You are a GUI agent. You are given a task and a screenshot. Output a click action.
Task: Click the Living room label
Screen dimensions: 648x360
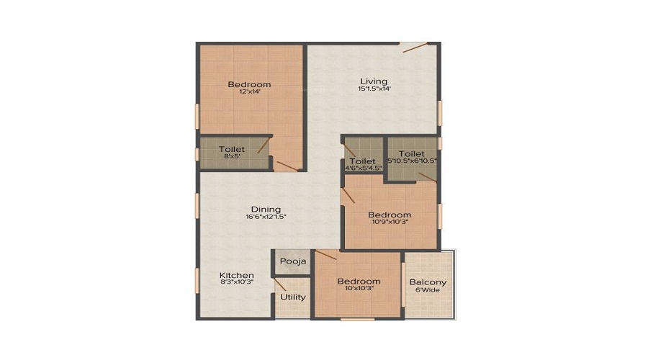(374, 81)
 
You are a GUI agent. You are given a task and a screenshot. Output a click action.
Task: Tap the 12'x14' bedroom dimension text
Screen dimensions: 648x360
(250, 91)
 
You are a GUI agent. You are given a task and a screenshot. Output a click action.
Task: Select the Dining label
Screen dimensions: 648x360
(266, 209)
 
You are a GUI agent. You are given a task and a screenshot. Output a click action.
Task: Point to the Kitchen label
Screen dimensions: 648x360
(236, 275)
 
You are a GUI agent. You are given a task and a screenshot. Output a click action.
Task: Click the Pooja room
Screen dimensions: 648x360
(293, 261)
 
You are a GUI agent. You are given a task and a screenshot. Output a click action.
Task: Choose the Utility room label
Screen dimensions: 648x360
(293, 297)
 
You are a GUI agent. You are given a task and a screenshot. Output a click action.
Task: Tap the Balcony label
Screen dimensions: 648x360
(428, 283)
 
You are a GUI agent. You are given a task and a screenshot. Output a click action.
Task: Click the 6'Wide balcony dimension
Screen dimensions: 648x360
(428, 290)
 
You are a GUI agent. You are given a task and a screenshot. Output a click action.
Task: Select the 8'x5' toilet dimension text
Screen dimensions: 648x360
(232, 156)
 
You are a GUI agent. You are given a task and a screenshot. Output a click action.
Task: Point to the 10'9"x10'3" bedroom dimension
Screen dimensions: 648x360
(390, 222)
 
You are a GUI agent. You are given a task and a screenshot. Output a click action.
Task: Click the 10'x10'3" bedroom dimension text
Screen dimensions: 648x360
(359, 289)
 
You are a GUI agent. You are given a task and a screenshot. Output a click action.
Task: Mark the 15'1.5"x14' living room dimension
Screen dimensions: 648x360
(374, 89)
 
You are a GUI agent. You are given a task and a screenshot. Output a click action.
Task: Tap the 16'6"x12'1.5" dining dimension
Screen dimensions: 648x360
(266, 216)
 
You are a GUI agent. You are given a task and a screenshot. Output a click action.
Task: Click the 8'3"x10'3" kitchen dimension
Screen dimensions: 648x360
(236, 282)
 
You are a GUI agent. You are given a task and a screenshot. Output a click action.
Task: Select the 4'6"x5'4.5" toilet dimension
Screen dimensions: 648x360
(364, 168)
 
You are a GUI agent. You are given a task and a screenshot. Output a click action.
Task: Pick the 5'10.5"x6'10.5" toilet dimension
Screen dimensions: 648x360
(412, 161)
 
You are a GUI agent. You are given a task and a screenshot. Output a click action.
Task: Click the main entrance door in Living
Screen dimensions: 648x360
(415, 48)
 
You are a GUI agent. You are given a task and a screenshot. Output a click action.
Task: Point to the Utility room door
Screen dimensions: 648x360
(280, 285)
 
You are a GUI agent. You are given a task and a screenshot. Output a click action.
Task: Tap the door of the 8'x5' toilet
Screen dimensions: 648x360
(264, 145)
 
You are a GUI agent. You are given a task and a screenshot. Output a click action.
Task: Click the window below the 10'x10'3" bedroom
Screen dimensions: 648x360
(357, 319)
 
